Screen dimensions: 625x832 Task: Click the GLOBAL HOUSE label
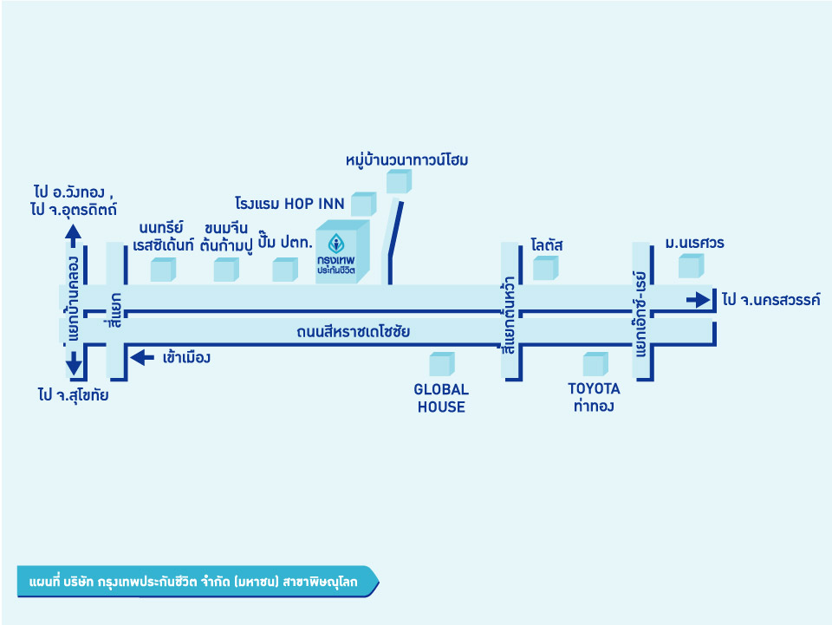[441, 398]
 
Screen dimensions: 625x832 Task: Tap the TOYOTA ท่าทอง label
[594, 398]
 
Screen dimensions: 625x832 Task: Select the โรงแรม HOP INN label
[289, 205]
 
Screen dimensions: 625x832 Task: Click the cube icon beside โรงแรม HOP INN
[362, 204]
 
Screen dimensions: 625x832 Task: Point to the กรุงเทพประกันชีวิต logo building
[343, 251]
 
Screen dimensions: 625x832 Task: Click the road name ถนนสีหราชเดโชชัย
[353, 331]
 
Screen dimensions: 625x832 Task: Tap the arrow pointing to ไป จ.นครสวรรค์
[697, 300]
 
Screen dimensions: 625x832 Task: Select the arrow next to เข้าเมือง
[140, 355]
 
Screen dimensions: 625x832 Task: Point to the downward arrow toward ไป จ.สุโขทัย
[74, 364]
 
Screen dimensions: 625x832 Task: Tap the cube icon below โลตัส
[544, 269]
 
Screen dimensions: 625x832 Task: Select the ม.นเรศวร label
[694, 243]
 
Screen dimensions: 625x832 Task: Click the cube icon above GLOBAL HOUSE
[441, 364]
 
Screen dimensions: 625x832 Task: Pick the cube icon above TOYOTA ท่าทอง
[595, 364]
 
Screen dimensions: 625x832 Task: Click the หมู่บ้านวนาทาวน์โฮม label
[406, 160]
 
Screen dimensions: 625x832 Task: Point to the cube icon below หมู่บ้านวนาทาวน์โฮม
[398, 182]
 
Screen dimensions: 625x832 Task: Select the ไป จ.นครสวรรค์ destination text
[770, 300]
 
